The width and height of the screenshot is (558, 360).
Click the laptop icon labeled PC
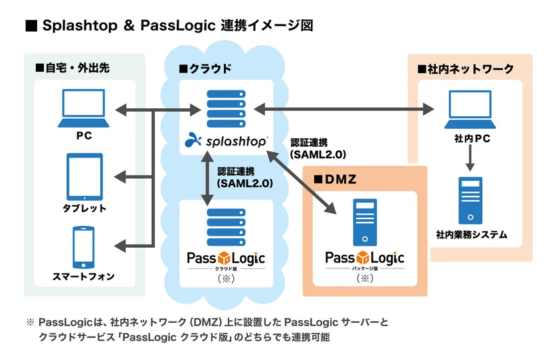click(x=84, y=109)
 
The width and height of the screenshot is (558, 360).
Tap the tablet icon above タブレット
click(x=84, y=176)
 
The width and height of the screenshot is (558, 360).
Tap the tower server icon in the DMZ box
click(x=364, y=222)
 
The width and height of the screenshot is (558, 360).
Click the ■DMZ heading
click(x=337, y=179)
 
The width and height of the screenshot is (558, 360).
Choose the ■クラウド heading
click(x=205, y=68)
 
